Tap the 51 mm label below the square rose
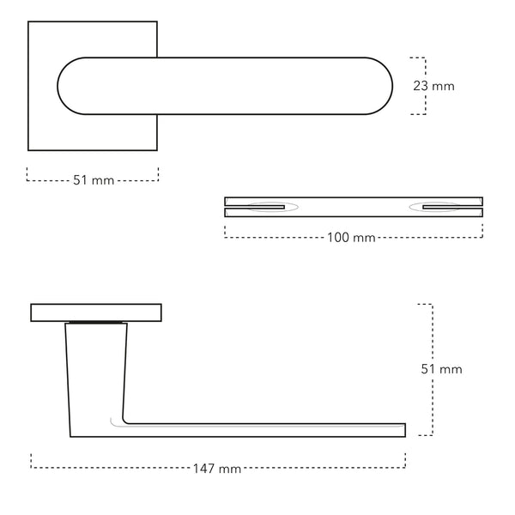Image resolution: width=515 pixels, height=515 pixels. pos(94,180)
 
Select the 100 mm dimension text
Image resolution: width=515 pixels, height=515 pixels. pos(352,238)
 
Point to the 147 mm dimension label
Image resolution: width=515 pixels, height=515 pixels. pos(218,469)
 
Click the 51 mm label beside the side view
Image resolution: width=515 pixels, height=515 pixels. pos(440,369)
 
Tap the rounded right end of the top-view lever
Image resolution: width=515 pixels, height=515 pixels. pos(382,87)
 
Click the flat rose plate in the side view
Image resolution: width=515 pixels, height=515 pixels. pos(96,312)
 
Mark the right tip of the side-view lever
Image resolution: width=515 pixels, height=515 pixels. pos(403,429)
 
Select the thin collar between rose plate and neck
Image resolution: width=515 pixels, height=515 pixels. pos(96,324)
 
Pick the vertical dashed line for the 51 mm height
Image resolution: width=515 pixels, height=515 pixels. pos(430,369)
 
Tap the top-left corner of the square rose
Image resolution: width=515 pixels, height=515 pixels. pos(28,22)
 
